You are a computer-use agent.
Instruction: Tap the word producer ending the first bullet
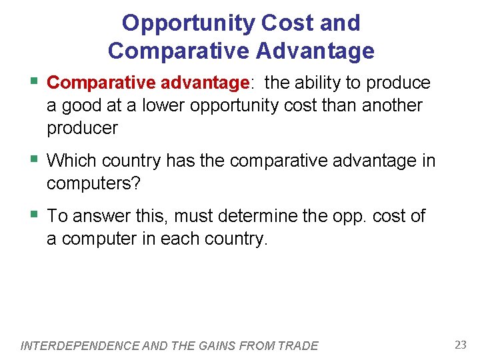(82, 128)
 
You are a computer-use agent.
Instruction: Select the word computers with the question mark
(93, 183)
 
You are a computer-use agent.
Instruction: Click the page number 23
(460, 345)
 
